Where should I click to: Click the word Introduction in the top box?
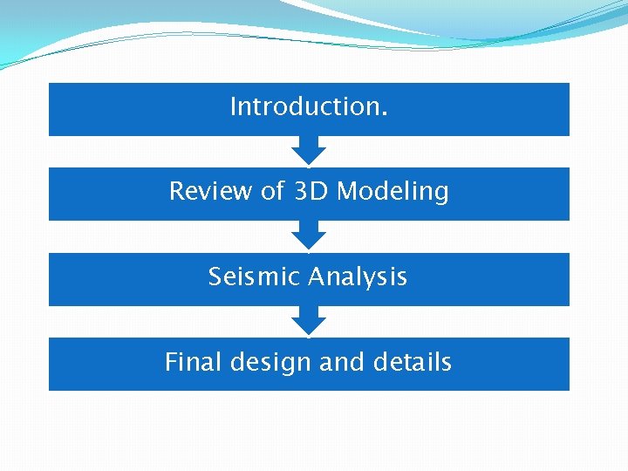click(x=304, y=107)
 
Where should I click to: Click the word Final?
click(x=194, y=362)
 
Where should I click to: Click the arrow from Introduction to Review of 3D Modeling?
click(x=308, y=150)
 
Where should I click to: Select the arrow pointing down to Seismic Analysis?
click(x=308, y=235)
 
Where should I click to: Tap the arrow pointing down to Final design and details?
click(x=308, y=320)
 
